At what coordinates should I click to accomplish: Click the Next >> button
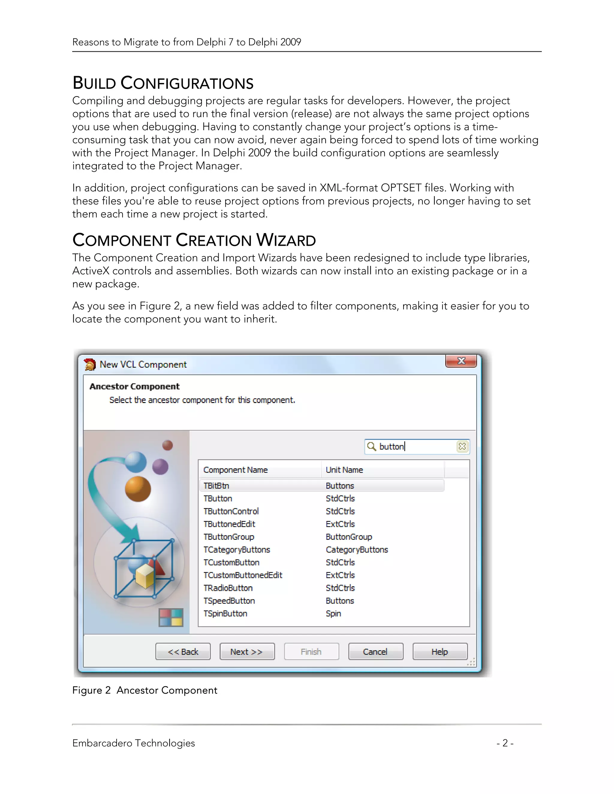(x=247, y=651)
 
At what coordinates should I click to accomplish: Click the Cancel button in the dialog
(x=375, y=651)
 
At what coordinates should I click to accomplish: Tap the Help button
(x=440, y=651)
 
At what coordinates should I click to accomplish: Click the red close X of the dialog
(x=461, y=361)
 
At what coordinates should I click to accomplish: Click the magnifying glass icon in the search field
(x=371, y=446)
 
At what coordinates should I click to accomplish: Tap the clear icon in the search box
(x=462, y=446)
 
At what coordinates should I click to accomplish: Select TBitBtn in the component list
(x=216, y=486)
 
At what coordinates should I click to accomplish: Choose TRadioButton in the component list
(x=228, y=588)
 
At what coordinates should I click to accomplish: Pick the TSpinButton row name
(x=225, y=614)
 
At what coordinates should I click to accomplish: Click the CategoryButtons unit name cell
(x=357, y=550)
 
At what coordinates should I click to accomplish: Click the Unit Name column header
(x=344, y=470)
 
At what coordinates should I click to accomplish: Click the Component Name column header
(x=235, y=470)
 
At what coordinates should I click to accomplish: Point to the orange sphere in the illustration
(x=138, y=489)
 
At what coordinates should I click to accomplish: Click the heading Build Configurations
(x=163, y=83)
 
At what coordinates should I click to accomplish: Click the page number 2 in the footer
(x=505, y=743)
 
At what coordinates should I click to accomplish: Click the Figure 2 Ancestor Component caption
(x=145, y=690)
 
